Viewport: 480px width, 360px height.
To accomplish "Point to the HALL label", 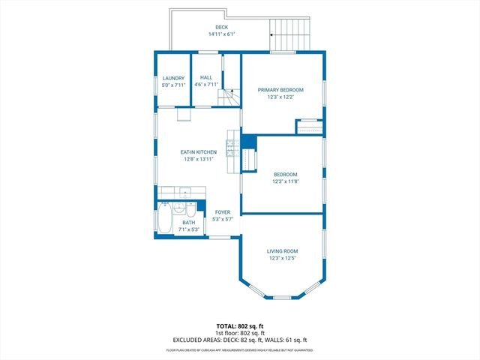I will click(206, 77).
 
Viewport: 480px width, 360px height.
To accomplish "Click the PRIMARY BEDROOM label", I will click(283, 90).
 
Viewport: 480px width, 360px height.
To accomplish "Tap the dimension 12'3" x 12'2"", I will click(283, 97).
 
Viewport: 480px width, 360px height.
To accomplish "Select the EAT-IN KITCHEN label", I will click(199, 152).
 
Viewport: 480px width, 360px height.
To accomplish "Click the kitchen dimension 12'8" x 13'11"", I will click(199, 159).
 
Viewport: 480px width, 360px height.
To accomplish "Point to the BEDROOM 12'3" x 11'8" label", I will click(285, 175).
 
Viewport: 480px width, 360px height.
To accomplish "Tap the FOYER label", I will click(223, 212).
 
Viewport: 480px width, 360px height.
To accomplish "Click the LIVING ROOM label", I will click(283, 251).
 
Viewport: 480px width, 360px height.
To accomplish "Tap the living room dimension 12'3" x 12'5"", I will click(283, 258).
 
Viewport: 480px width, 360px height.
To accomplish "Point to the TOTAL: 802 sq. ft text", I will click(239, 326).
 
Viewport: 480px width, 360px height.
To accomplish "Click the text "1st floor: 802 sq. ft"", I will click(239, 333).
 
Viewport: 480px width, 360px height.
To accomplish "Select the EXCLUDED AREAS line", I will click(239, 340).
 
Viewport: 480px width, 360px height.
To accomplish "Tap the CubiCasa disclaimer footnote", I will click(239, 349).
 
